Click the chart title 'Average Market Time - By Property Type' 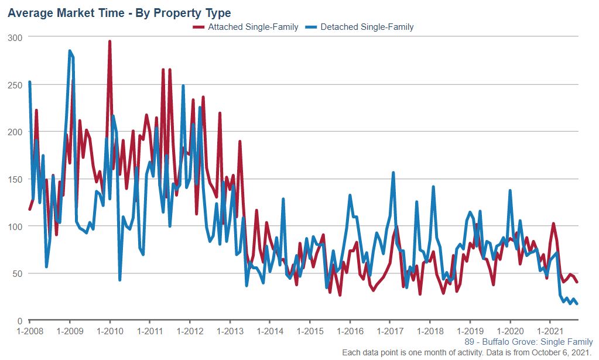119,12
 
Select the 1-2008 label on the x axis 29,331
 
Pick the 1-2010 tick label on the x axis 109,331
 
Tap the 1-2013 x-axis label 230,331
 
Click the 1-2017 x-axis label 390,331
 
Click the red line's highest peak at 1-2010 109,42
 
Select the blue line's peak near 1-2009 70,51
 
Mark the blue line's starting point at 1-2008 30,82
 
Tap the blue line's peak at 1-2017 393,173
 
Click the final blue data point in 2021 577,303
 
